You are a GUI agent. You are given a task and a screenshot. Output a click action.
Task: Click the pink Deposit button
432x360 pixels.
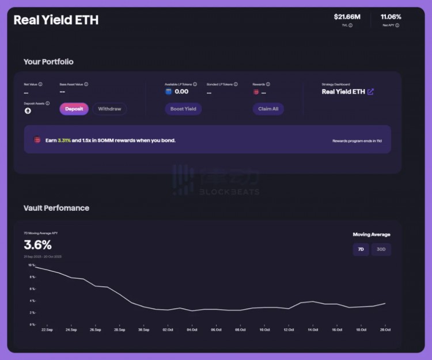pos(74,109)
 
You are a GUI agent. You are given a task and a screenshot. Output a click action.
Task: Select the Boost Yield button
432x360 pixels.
pos(183,109)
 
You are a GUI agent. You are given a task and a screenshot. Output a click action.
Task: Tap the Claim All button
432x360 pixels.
pos(268,109)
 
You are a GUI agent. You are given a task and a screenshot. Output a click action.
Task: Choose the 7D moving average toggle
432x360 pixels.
pos(361,249)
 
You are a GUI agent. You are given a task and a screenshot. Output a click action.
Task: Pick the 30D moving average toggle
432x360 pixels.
pos(381,249)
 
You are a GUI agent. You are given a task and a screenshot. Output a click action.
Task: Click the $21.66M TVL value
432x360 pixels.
pos(347,17)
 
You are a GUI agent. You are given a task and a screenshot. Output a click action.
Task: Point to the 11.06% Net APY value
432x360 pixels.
pos(391,17)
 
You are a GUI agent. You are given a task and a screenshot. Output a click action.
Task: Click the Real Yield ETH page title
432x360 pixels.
pos(56,20)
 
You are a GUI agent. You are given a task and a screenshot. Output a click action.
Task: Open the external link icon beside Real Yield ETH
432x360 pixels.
pos(370,92)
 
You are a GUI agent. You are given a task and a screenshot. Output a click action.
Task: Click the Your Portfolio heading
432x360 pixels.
pos(48,62)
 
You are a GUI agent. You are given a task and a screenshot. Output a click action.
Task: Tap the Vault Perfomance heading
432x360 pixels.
pos(56,208)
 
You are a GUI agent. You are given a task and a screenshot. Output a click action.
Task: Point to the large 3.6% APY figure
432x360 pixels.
pos(37,245)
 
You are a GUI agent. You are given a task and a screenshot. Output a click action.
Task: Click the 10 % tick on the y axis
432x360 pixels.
pos(32,266)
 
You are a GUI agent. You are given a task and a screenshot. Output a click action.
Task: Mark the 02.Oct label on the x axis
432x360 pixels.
pos(168,329)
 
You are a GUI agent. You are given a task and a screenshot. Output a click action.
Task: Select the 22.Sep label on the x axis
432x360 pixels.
pos(47,329)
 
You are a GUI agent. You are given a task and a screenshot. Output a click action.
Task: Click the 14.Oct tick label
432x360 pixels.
pos(312,329)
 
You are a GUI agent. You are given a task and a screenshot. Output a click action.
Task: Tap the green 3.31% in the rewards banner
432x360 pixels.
pos(65,140)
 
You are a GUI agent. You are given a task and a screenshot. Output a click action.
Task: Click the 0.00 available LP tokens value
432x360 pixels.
pos(181,92)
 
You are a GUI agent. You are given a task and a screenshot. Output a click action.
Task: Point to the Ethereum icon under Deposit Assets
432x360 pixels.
pos(27,111)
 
